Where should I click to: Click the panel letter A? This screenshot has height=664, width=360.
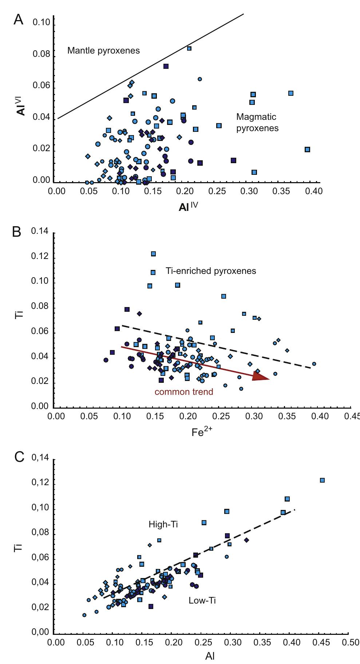click(x=18, y=20)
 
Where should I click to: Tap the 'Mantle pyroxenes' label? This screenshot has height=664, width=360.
click(x=103, y=51)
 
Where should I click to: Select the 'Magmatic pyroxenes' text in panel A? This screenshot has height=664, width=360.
click(x=257, y=122)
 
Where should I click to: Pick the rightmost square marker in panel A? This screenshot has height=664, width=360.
click(x=307, y=149)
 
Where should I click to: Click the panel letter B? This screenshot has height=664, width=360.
click(x=17, y=232)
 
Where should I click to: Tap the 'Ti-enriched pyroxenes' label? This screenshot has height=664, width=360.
click(x=211, y=271)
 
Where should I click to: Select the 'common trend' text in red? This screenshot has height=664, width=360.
click(x=184, y=392)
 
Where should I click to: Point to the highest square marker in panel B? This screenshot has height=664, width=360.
click(x=153, y=254)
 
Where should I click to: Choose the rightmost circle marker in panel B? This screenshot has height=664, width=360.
click(x=314, y=364)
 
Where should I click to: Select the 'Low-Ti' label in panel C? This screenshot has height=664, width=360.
click(x=202, y=600)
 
